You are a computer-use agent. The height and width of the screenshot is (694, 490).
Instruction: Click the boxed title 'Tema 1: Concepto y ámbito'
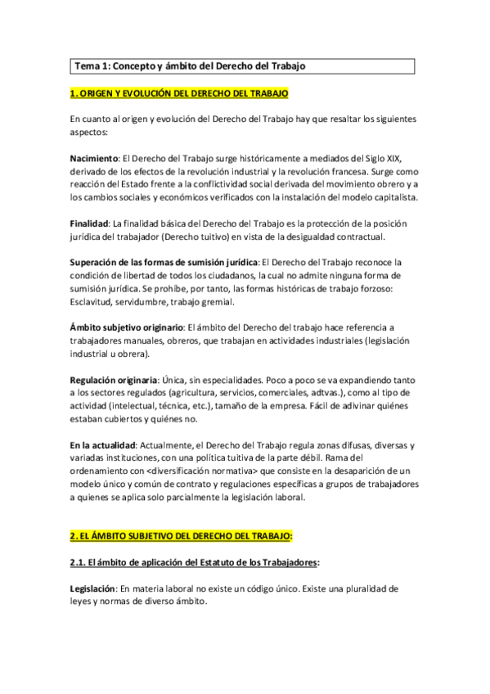point(191,65)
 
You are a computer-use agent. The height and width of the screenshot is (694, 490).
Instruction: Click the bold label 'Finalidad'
point(89,223)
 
